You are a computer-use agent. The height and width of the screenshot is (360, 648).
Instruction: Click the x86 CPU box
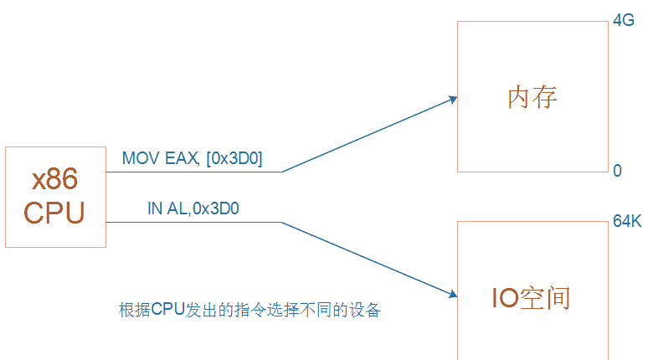tap(55, 197)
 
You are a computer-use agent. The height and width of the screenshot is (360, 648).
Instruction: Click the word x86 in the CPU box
tap(55, 180)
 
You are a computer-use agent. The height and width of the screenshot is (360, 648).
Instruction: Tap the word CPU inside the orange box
tap(54, 213)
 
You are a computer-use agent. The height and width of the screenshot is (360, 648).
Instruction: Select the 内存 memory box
tap(532, 97)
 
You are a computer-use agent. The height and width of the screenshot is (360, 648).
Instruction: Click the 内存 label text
tap(532, 97)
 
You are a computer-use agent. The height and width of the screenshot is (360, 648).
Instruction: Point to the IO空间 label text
tap(530, 298)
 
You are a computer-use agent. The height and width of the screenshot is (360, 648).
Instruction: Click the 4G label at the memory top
tap(624, 22)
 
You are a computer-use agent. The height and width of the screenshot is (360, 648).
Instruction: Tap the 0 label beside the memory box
tap(617, 171)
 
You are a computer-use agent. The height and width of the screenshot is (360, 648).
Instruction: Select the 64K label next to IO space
tap(627, 223)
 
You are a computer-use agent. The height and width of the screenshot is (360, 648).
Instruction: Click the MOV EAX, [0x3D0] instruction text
tap(192, 158)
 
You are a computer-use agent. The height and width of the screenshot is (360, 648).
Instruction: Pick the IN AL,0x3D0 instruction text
tap(193, 209)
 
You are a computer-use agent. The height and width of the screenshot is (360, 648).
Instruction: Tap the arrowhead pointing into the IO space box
tap(453, 292)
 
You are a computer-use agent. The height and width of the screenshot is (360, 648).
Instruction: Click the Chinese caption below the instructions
tap(249, 310)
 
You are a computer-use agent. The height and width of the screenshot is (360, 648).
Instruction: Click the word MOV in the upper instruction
tap(138, 158)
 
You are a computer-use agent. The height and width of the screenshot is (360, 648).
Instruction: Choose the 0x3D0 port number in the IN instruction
tap(216, 209)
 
